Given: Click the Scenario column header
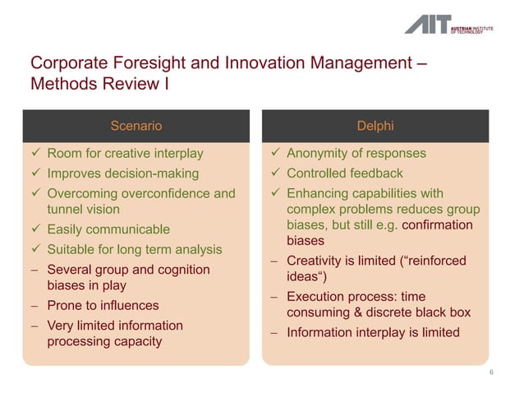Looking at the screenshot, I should [136, 126].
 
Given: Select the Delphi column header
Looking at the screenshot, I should [375, 126].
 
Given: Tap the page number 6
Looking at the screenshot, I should [491, 373].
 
